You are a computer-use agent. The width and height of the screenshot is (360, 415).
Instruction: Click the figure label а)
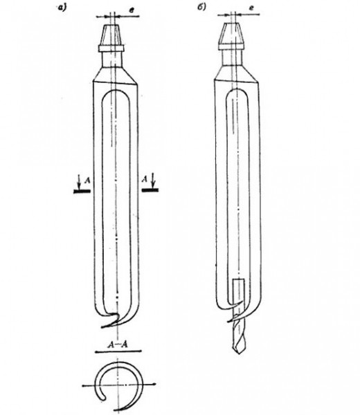pos(62,8)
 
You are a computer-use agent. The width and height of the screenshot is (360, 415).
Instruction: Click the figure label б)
pos(201,7)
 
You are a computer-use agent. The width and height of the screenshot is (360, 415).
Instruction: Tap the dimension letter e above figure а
pos(131,10)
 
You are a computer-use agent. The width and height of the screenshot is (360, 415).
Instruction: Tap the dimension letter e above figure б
pos(251,8)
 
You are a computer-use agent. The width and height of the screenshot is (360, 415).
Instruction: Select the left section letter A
pos(87,181)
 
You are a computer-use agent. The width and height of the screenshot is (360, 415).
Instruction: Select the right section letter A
pos(145,179)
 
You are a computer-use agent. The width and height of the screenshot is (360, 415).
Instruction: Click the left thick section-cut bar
pos(82,191)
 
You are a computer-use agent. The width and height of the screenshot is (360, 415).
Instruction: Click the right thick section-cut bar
pos(150,190)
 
